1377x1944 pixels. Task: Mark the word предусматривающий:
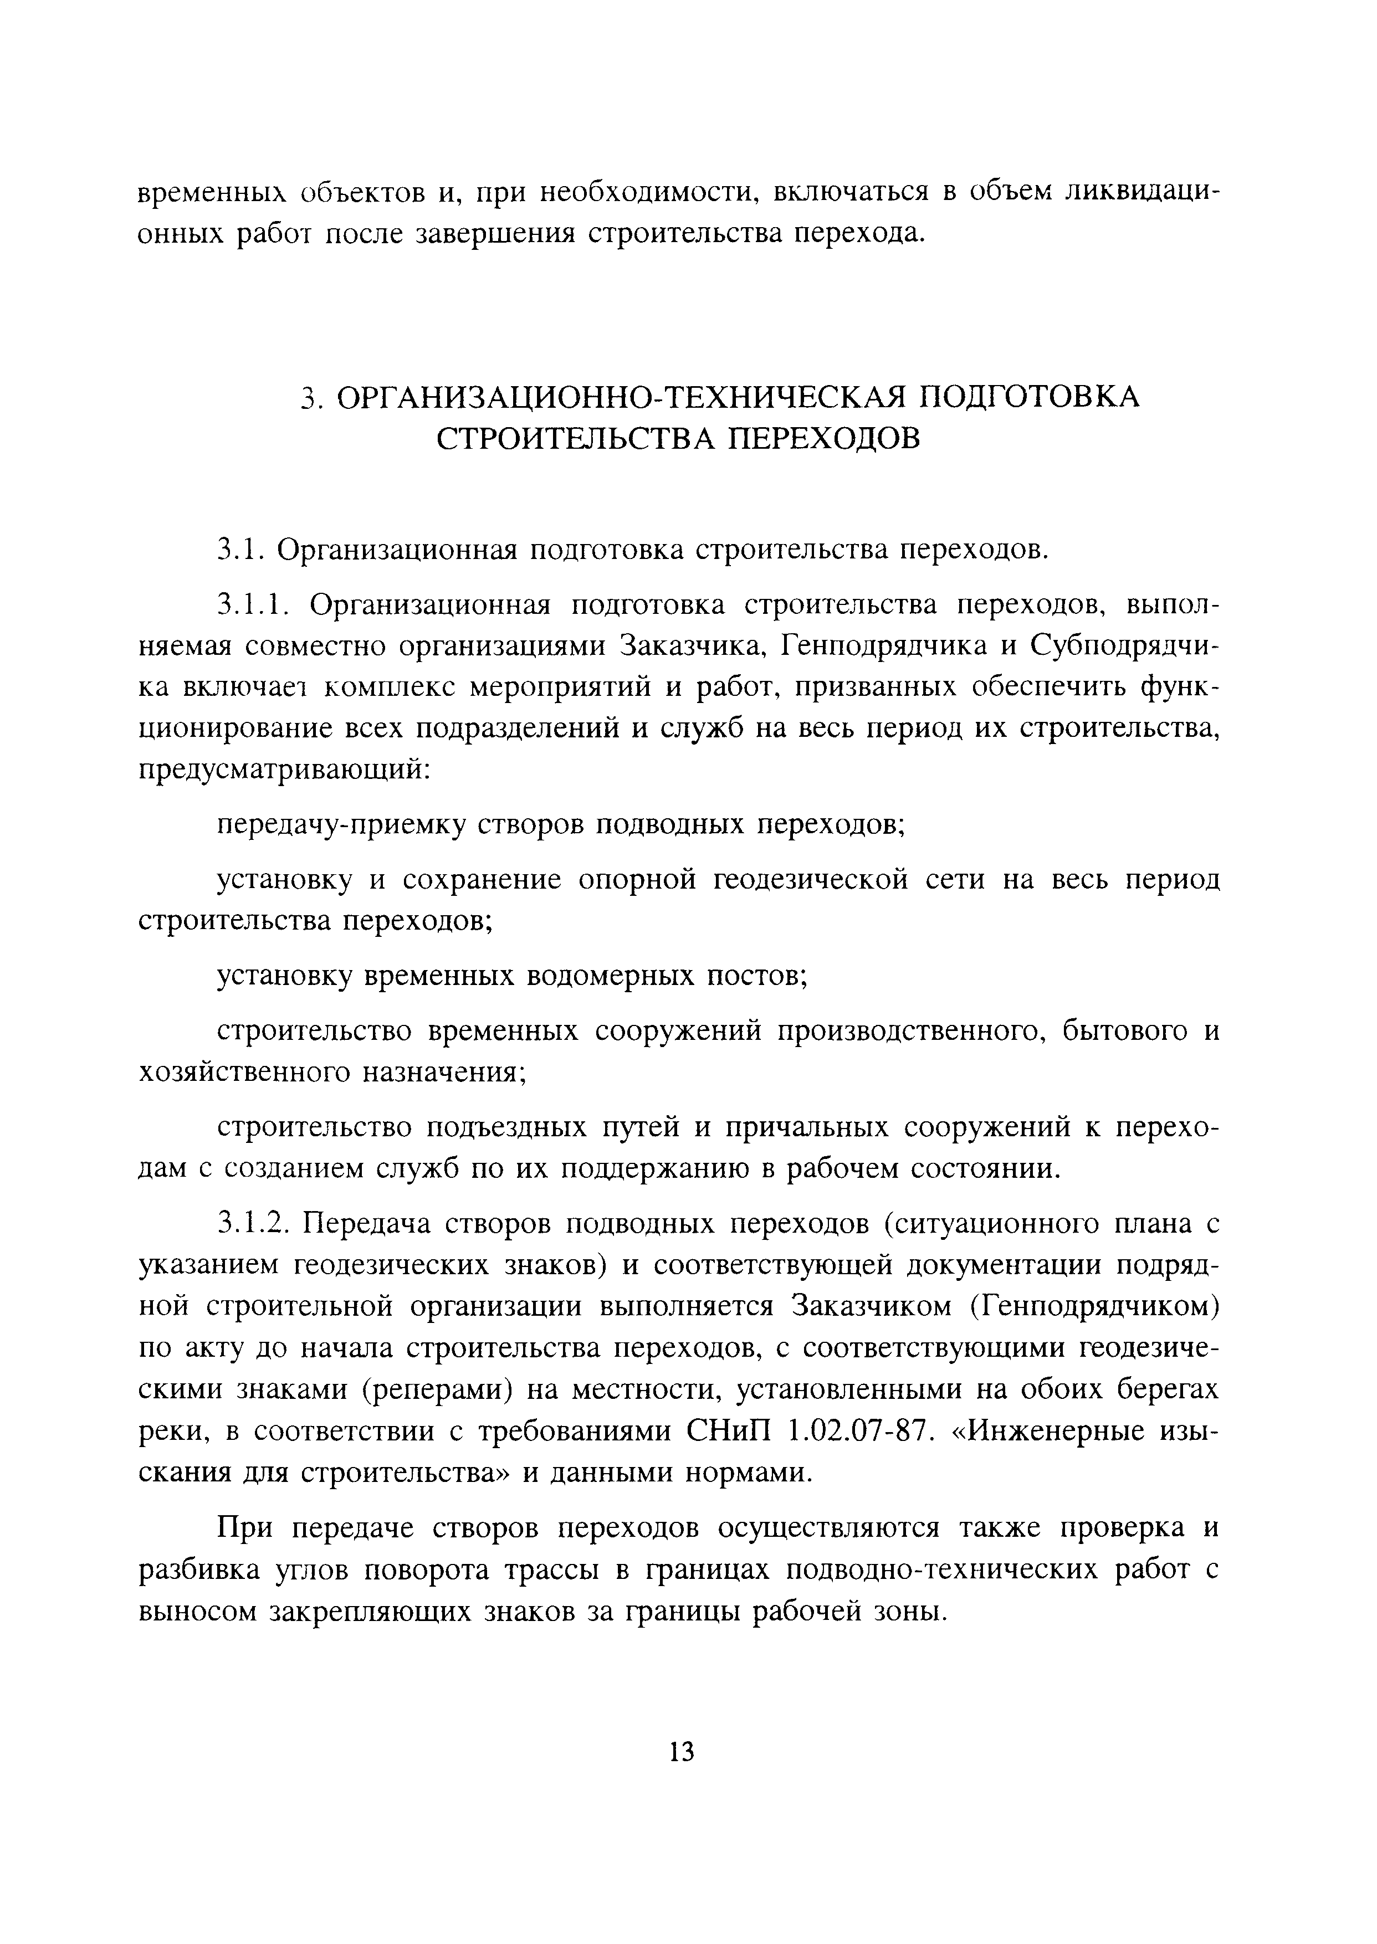tap(286, 770)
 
